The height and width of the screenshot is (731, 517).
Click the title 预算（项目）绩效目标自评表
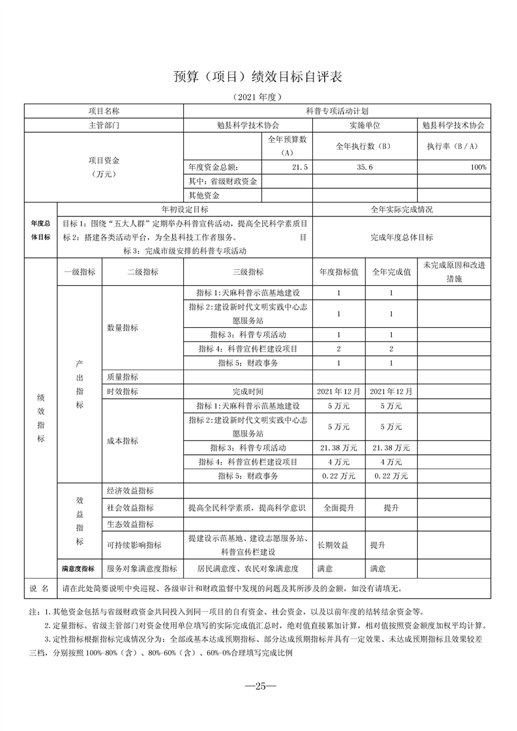(258, 76)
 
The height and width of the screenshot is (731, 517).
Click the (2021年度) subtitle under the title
(258, 97)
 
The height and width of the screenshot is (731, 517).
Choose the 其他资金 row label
(204, 195)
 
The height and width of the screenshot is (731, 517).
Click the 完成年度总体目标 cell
(402, 237)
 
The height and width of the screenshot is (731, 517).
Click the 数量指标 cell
(123, 328)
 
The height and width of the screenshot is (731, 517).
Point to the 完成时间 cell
(248, 392)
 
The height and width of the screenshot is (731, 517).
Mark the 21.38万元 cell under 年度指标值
(338, 448)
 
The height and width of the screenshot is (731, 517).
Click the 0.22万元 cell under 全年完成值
(391, 476)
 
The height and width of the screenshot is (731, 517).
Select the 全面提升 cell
(338, 508)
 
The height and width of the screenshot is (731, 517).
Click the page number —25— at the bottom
(258, 685)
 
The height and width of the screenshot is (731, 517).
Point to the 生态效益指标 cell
(130, 524)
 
